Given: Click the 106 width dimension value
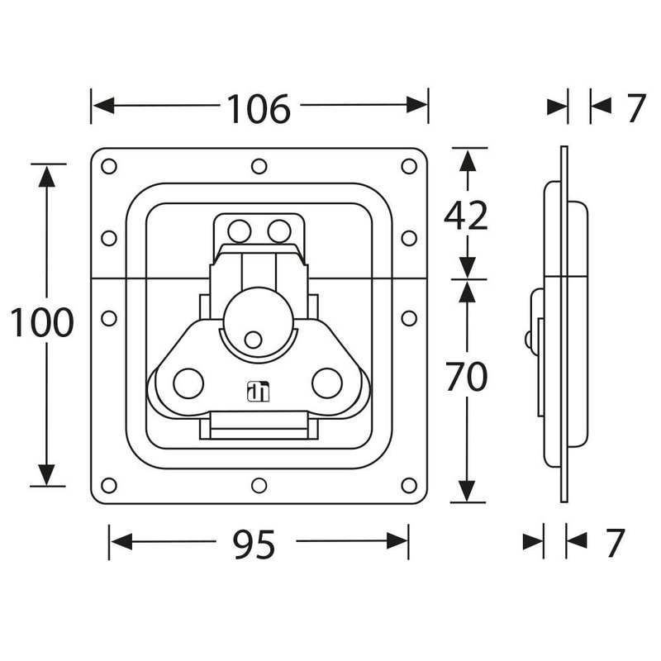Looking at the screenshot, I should coord(259,107).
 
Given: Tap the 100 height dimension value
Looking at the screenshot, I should coord(42,323).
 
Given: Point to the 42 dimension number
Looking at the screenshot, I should coord(467,216).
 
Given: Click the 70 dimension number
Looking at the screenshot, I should coord(467,378).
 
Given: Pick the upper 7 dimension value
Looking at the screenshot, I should coord(634,107).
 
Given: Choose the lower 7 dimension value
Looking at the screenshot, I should coord(612,543).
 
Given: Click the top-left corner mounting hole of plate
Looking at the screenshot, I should coord(108,167).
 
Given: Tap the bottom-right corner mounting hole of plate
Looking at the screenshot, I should coord(409,483).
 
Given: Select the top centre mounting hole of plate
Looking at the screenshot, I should coord(259,167).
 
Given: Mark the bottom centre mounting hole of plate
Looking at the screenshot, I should coord(259,483).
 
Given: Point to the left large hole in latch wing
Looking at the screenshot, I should coord(188,382).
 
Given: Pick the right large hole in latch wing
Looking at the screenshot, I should coord(328,382).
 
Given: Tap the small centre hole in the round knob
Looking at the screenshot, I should coord(254,338).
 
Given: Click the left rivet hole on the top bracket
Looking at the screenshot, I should coord(240,231).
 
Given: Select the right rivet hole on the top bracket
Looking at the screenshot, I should coord(279,231).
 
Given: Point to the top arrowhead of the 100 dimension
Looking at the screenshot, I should coord(47,174).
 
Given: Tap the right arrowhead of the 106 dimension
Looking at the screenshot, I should coord(419,106).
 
